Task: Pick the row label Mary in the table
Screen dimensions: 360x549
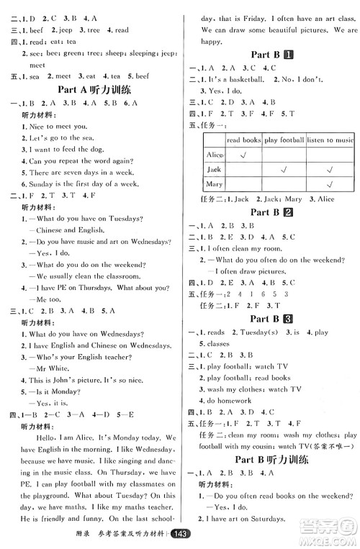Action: [214, 184]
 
